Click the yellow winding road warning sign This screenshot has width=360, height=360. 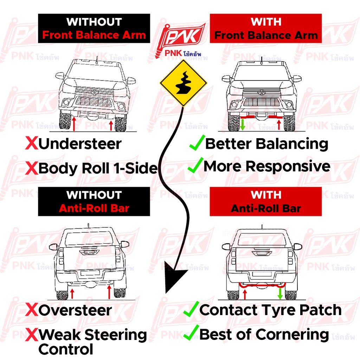pos(183,83)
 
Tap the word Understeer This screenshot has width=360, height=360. pos(80,144)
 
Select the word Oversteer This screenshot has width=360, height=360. pos(75,310)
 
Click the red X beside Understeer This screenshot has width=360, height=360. pos(31,144)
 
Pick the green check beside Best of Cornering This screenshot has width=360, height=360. pos(191,333)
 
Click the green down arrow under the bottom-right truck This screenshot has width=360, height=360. pos(280,294)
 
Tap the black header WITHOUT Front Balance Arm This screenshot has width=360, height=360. pos(94,28)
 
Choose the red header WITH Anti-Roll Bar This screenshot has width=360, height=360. pos(266,201)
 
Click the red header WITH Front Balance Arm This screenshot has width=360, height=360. pos(266,28)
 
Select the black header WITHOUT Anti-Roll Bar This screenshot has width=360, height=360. pos(94,201)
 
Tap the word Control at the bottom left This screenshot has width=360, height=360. pos(66,349)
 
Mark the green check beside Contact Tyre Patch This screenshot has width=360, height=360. pos(191,309)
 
